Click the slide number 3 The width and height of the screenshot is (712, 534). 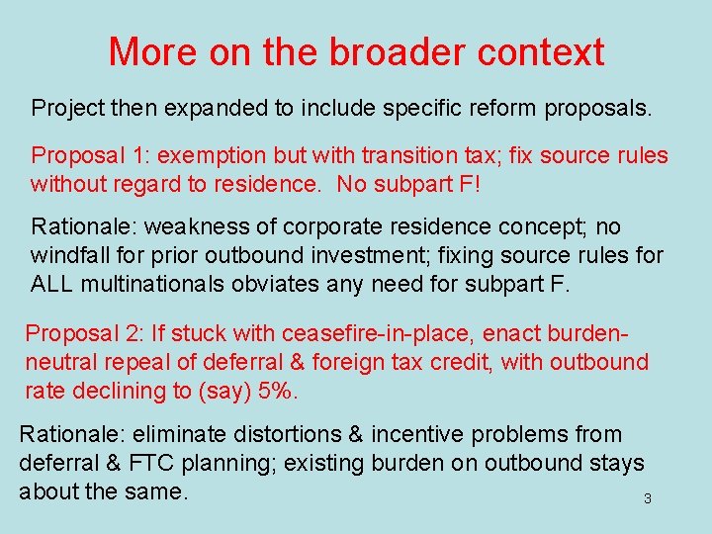pos(648,498)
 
